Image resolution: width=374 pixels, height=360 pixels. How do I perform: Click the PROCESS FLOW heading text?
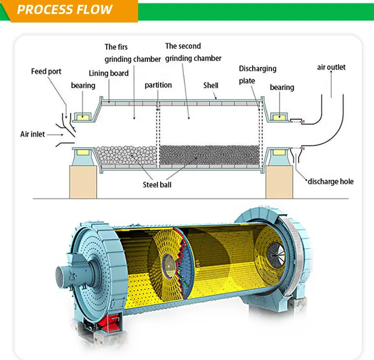pos(65,9)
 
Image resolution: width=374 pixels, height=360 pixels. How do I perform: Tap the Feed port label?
pos(46,71)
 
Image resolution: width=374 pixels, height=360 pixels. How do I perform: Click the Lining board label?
pos(109,73)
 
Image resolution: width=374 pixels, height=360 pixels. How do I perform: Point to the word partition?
pos(158,85)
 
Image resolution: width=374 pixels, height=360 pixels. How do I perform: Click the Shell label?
pos(210,85)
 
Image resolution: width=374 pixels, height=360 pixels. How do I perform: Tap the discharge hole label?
pos(330,181)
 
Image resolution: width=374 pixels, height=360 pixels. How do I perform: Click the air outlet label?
pos(331,67)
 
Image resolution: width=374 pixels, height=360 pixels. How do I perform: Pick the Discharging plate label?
pos(257,74)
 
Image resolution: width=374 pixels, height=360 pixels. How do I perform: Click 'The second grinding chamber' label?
pos(193,52)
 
